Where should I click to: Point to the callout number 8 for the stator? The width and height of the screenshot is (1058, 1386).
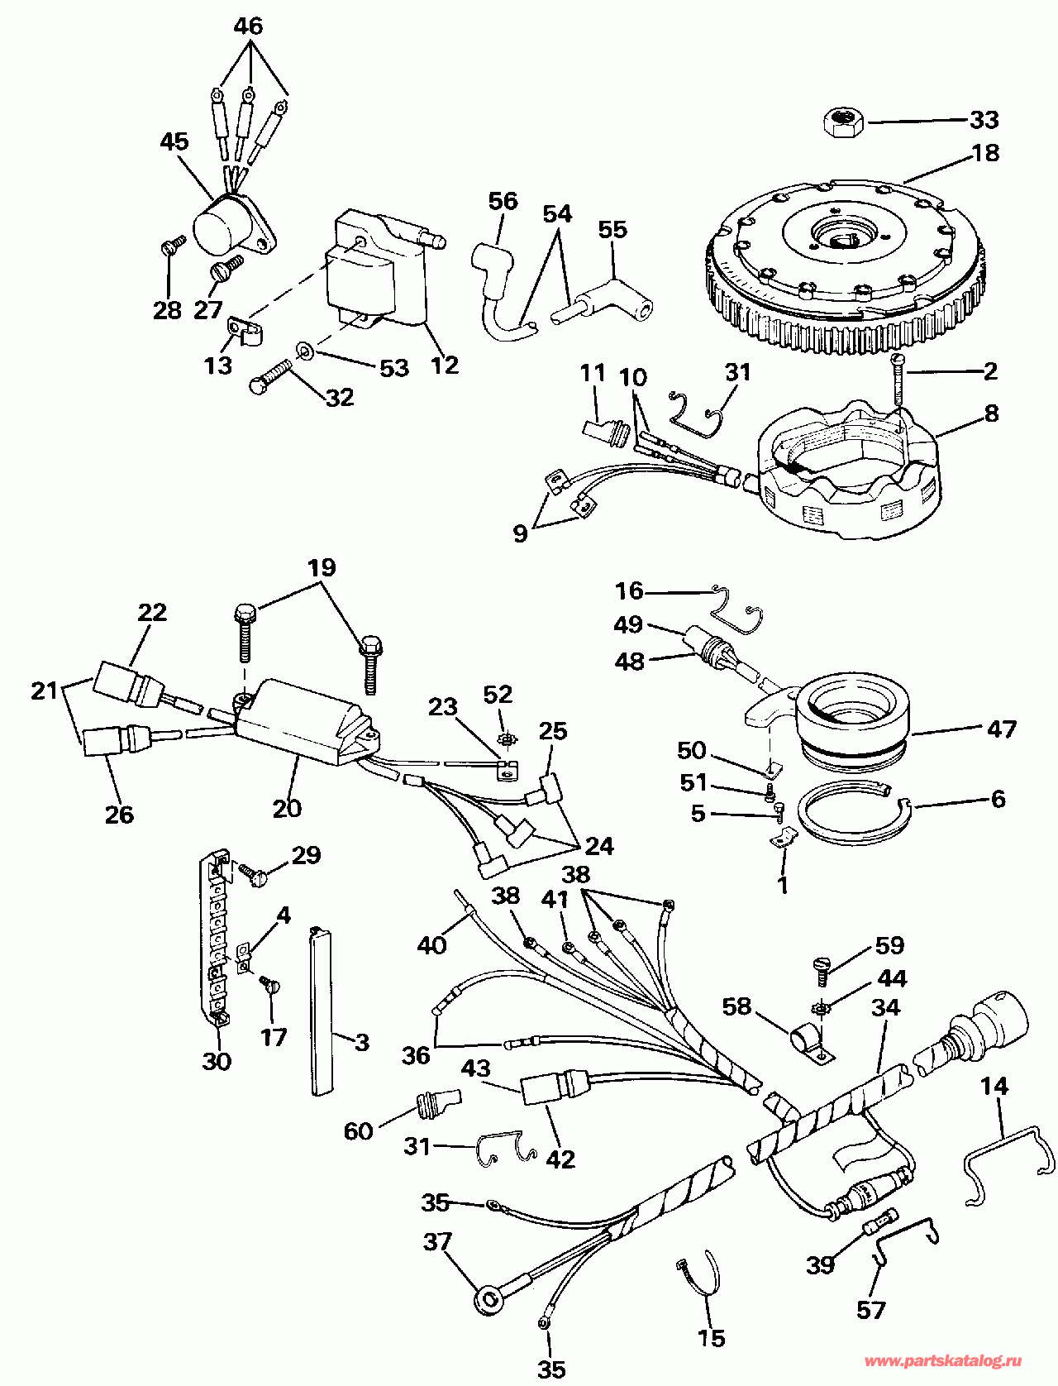991,413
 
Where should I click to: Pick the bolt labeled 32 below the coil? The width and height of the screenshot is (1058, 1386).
270,377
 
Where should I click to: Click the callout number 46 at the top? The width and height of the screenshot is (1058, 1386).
248,26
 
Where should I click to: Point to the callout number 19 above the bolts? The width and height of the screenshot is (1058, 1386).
322,566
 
